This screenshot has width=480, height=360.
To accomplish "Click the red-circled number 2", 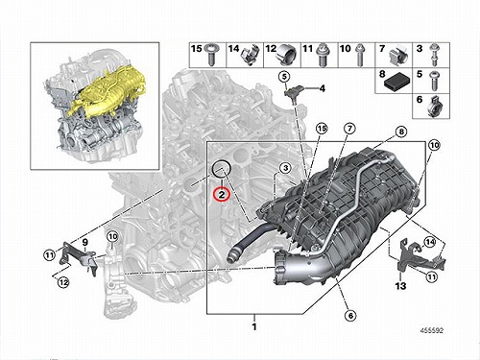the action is point(222,194).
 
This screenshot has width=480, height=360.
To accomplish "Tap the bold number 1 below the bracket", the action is point(254,327).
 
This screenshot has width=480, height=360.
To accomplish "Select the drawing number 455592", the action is point(432,330).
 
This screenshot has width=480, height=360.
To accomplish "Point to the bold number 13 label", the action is point(400,285).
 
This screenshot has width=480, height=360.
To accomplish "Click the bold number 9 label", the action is point(84,242).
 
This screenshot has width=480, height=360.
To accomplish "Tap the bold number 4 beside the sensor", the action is point(323,88).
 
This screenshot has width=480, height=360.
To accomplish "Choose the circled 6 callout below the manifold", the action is point(350,316).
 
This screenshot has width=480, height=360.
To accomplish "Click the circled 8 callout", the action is point(401,132).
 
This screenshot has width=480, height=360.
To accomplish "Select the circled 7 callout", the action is point(349,129).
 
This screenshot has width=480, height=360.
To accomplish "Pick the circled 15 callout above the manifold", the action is point(322,129).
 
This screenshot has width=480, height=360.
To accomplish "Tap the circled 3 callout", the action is point(285,168).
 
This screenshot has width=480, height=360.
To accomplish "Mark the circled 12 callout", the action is point(63,282).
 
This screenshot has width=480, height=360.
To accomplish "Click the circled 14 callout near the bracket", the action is point(429,242).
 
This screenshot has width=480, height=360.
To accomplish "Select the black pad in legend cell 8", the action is point(396,83).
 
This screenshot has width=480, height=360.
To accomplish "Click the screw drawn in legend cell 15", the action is point(211,55).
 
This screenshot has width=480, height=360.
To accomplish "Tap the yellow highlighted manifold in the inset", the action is point(108,93).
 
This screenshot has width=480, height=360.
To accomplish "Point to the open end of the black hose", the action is point(230,257).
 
